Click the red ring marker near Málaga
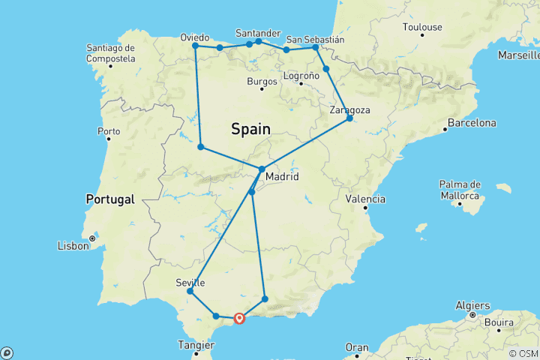click(x=239, y=318)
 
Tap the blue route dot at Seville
click(x=190, y=291)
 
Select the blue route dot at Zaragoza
click(x=349, y=118)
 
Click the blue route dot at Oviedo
click(x=195, y=46)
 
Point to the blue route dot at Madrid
click(x=261, y=169)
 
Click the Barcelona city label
click(x=472, y=122)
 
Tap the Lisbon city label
click(x=73, y=246)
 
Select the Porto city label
click(x=109, y=132)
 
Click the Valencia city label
click(x=365, y=199)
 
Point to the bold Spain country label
click(x=250, y=129)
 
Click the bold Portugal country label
click(x=109, y=199)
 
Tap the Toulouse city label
click(x=422, y=28)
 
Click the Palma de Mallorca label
click(x=460, y=190)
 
